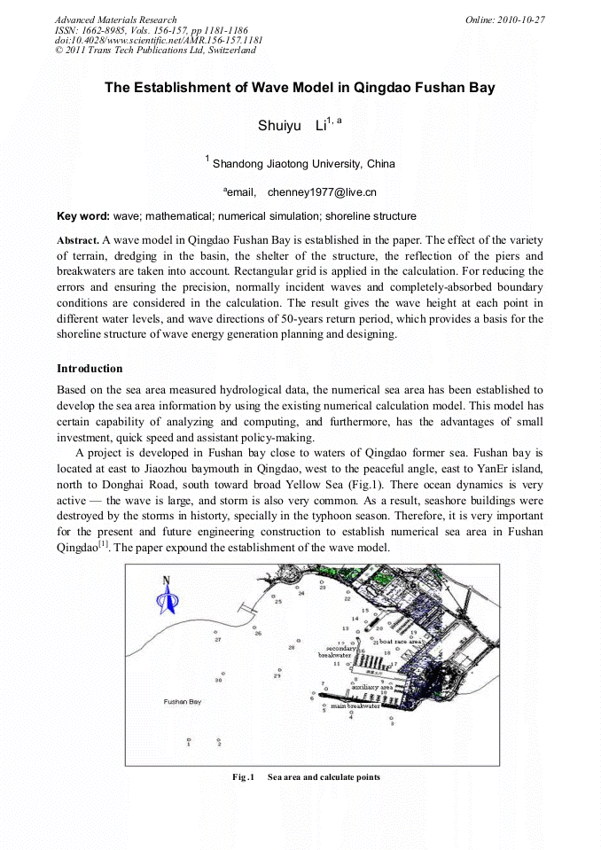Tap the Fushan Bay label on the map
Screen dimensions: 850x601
183,701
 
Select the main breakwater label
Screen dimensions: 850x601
355,706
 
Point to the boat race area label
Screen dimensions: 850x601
401,641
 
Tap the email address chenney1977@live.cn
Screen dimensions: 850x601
322,191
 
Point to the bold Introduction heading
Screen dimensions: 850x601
90,368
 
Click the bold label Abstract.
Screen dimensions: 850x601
78,240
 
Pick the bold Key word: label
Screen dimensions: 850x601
83,215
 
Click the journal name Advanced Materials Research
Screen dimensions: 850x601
115,19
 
